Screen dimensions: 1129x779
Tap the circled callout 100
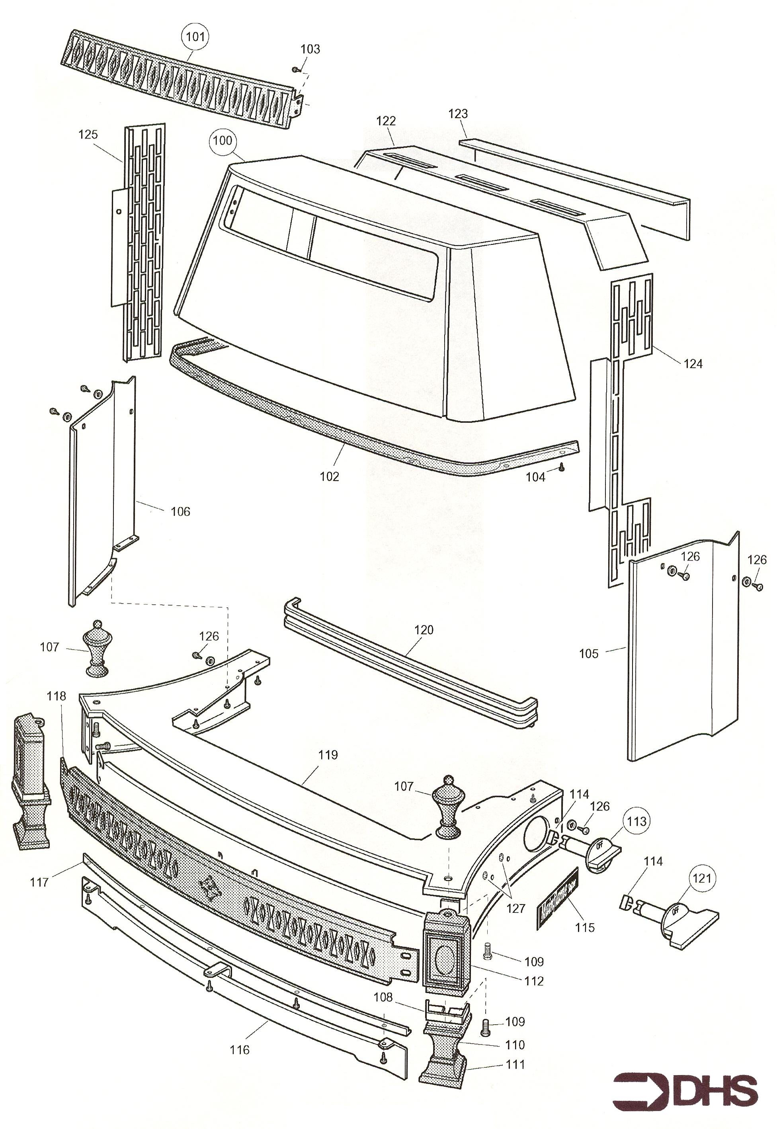(x=223, y=141)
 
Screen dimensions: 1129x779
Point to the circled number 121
(x=702, y=879)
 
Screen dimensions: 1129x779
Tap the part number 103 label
(x=310, y=49)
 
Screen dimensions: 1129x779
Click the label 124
(x=693, y=363)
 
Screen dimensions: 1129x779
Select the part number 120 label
(x=423, y=630)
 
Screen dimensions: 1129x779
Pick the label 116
(x=239, y=1050)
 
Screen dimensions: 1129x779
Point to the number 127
(x=515, y=908)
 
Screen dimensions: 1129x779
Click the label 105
(x=588, y=654)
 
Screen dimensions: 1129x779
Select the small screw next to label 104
(x=562, y=467)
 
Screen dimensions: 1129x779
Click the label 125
(x=88, y=134)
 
